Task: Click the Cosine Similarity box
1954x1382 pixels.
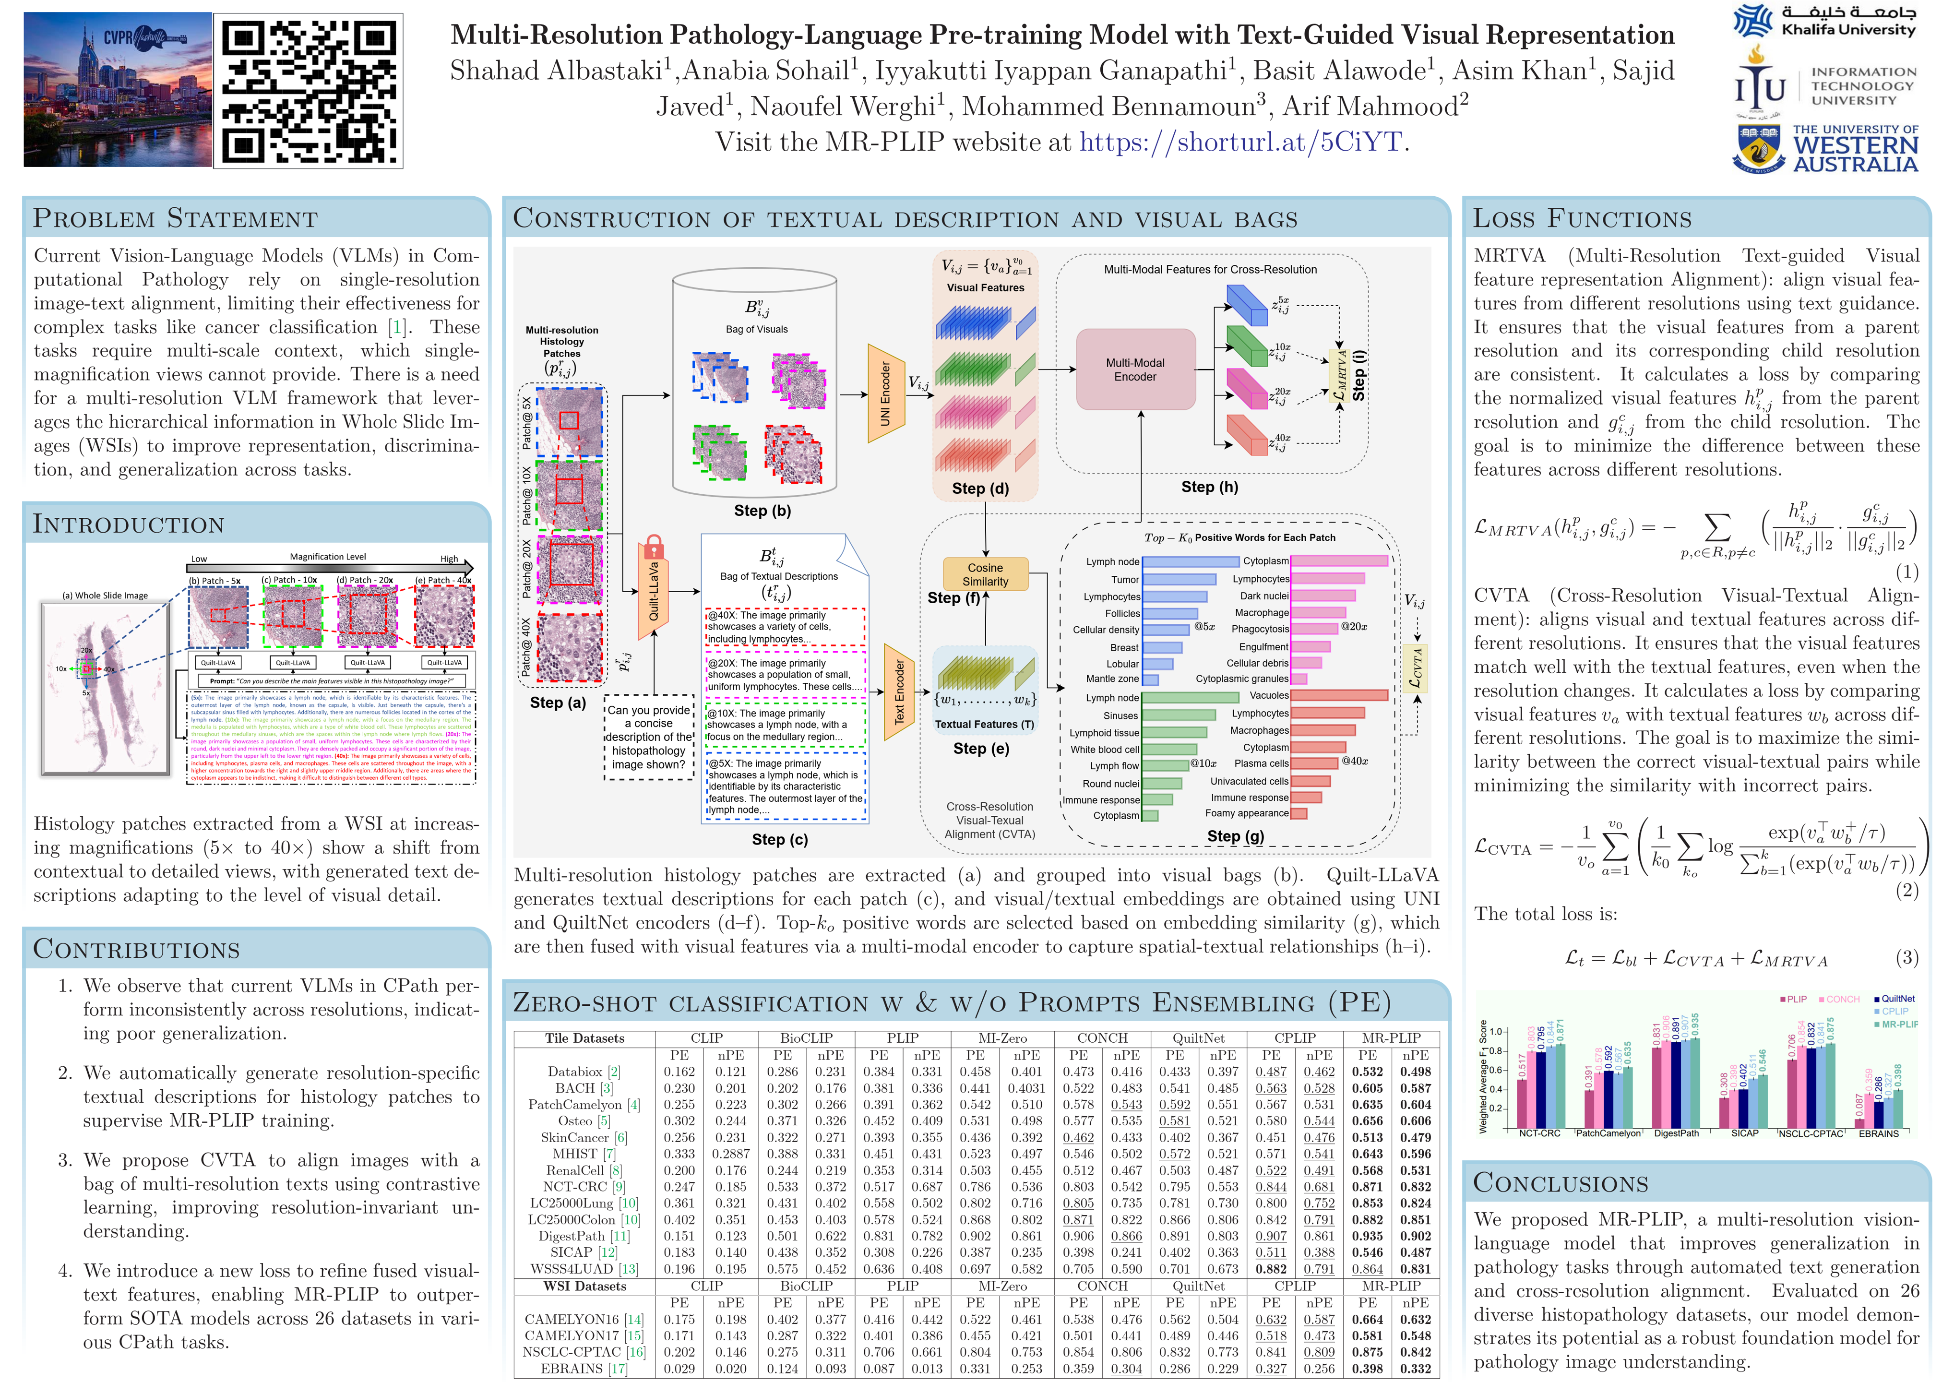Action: pyautogui.click(x=985, y=574)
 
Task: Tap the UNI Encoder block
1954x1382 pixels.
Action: pyautogui.click(x=885, y=393)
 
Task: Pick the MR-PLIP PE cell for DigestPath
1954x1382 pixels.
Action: pyautogui.click(x=1367, y=1236)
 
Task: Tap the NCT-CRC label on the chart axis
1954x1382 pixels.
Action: pyautogui.click(x=1539, y=1133)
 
